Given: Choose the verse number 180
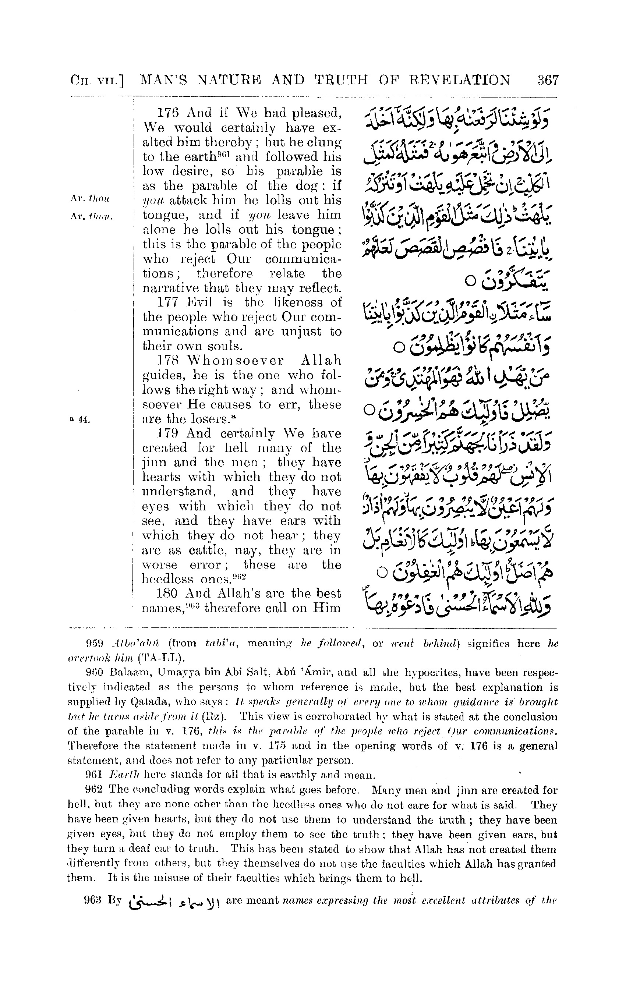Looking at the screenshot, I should pyautogui.click(x=168, y=594).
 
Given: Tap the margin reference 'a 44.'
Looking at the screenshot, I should pyautogui.click(x=80, y=419).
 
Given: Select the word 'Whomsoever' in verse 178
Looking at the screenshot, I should pyautogui.click(x=235, y=361).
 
